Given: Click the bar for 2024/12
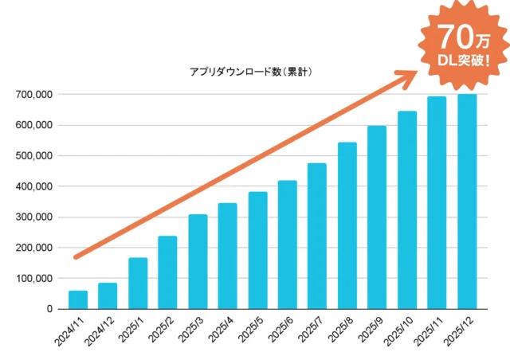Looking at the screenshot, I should tap(108, 295).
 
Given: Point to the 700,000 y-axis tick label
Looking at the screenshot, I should tap(33, 95).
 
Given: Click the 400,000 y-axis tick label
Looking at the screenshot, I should tap(33, 186).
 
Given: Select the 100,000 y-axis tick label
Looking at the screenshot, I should tap(33, 278).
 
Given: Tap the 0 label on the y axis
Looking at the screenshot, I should tap(49, 309).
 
